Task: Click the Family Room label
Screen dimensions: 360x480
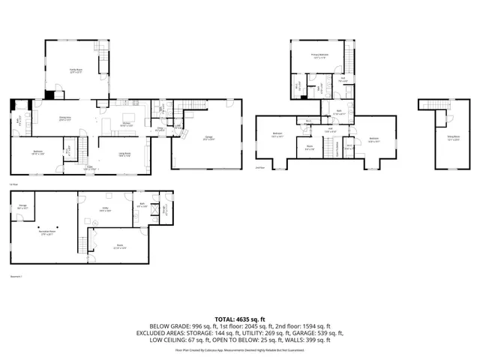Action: [76, 70]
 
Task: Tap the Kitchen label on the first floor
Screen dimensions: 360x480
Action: [127, 124]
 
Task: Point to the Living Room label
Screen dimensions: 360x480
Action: [124, 154]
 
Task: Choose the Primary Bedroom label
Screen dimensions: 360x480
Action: [321, 55]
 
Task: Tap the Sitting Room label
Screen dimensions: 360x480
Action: [454, 137]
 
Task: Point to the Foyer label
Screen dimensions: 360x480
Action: [89, 169]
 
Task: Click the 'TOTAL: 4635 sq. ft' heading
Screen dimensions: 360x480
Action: [239, 318]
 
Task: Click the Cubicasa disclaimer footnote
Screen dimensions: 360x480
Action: [239, 349]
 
